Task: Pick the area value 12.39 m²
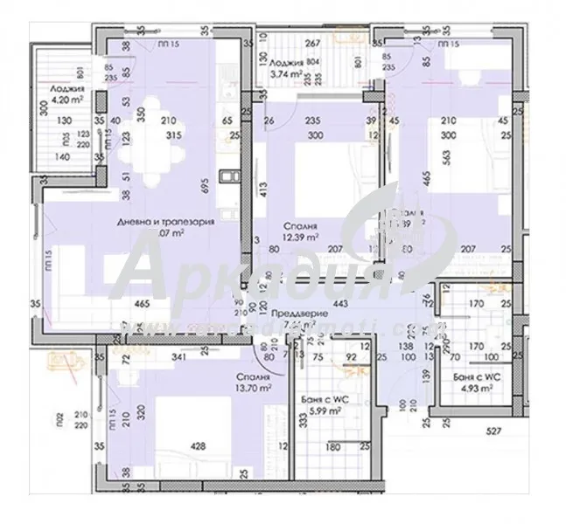298,237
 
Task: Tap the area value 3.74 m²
286,75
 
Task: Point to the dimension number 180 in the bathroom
332,448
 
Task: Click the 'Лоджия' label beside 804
286,63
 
